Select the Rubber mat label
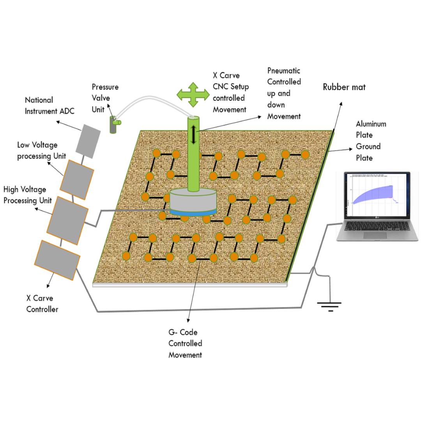coord(344,87)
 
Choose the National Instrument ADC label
coord(50,105)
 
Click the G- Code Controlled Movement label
coord(185,343)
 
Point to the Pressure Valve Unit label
coord(105,98)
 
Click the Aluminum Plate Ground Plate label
coord(371,141)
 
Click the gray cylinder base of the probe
coord(193,200)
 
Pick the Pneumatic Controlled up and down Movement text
coord(284,93)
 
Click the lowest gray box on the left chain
coord(60,260)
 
